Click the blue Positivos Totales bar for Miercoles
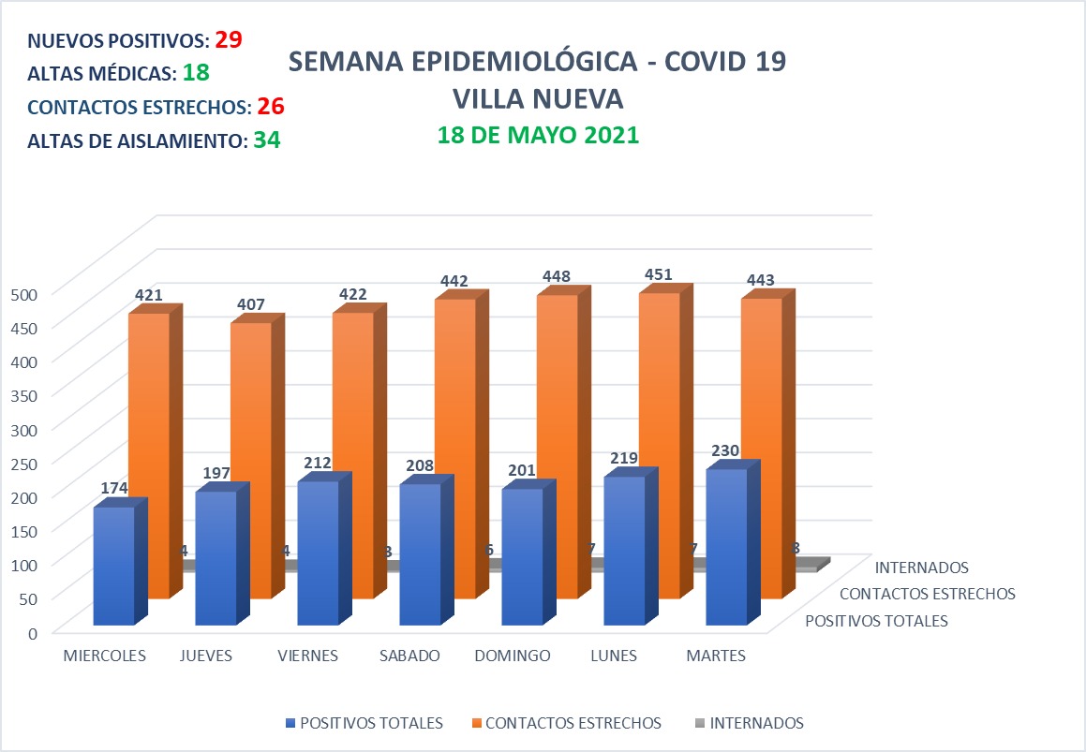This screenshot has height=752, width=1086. [x=113, y=566]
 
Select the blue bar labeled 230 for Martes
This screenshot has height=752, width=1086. [x=726, y=547]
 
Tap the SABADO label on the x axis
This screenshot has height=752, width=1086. [x=409, y=656]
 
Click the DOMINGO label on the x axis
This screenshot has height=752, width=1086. [x=512, y=656]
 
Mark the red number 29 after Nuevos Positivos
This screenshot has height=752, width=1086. [x=229, y=39]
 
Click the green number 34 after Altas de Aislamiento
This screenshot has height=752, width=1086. [x=267, y=140]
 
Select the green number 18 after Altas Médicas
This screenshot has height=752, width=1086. [x=196, y=73]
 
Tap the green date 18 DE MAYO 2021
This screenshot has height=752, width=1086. [x=538, y=135]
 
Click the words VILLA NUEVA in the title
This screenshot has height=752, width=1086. [x=537, y=98]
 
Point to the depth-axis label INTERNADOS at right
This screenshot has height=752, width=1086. [x=921, y=568]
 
